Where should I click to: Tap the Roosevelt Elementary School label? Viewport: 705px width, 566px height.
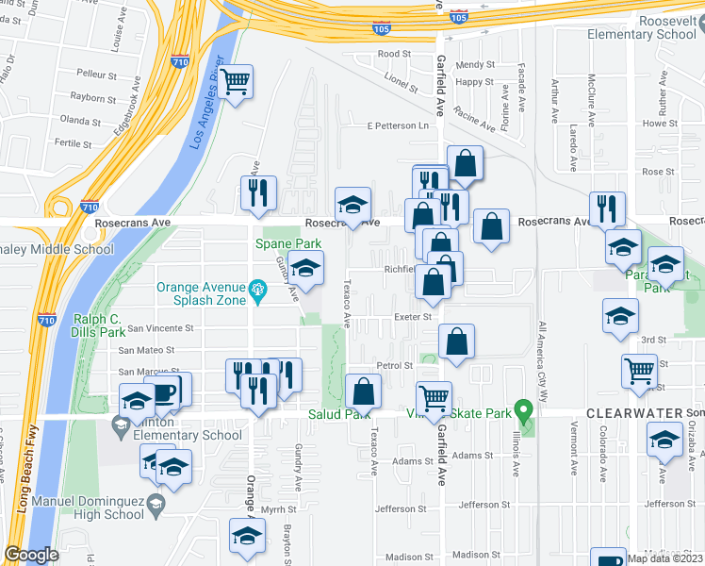click(x=641, y=26)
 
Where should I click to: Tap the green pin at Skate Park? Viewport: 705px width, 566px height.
click(x=528, y=409)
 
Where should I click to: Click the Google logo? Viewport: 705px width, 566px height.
click(x=31, y=554)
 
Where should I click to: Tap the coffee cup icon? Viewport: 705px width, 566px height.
click(x=165, y=391)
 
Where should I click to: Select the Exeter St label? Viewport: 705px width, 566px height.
click(x=412, y=317)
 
